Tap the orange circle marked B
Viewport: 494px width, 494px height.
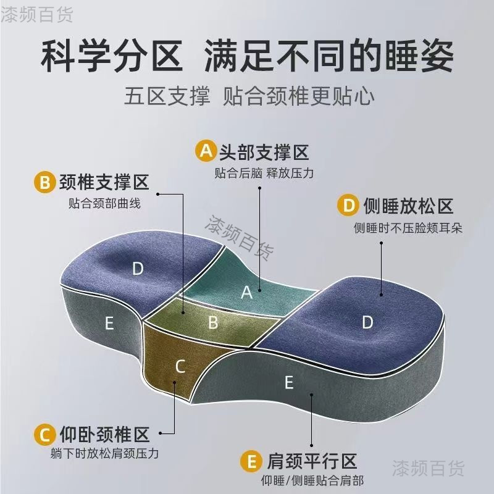45,183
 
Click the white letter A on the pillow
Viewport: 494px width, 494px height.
246,293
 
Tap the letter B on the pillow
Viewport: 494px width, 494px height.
213,322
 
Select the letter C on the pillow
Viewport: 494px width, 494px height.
180,367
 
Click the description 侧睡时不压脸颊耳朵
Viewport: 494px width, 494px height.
408,228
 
